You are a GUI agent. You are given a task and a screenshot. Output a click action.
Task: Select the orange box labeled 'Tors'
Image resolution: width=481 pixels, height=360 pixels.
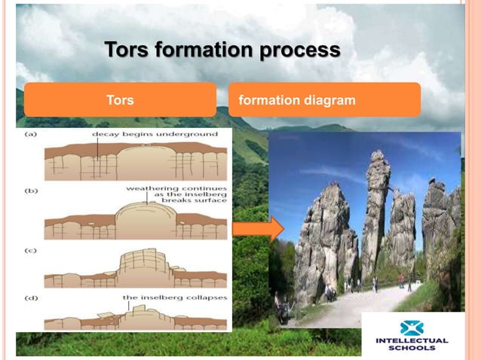click(x=120, y=99)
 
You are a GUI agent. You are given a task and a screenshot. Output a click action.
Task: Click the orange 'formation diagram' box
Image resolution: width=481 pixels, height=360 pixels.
click(x=324, y=99)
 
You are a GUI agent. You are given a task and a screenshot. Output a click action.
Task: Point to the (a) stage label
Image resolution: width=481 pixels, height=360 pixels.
click(x=32, y=135)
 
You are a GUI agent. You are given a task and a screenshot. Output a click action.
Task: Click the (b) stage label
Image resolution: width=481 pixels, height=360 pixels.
click(x=32, y=191)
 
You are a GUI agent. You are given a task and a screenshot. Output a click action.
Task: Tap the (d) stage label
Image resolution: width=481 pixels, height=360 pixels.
click(x=32, y=298)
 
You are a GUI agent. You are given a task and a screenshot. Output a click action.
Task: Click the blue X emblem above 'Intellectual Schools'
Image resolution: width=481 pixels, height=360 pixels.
click(x=412, y=328)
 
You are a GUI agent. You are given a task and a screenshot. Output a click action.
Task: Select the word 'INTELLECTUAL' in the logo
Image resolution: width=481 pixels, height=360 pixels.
click(x=412, y=341)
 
